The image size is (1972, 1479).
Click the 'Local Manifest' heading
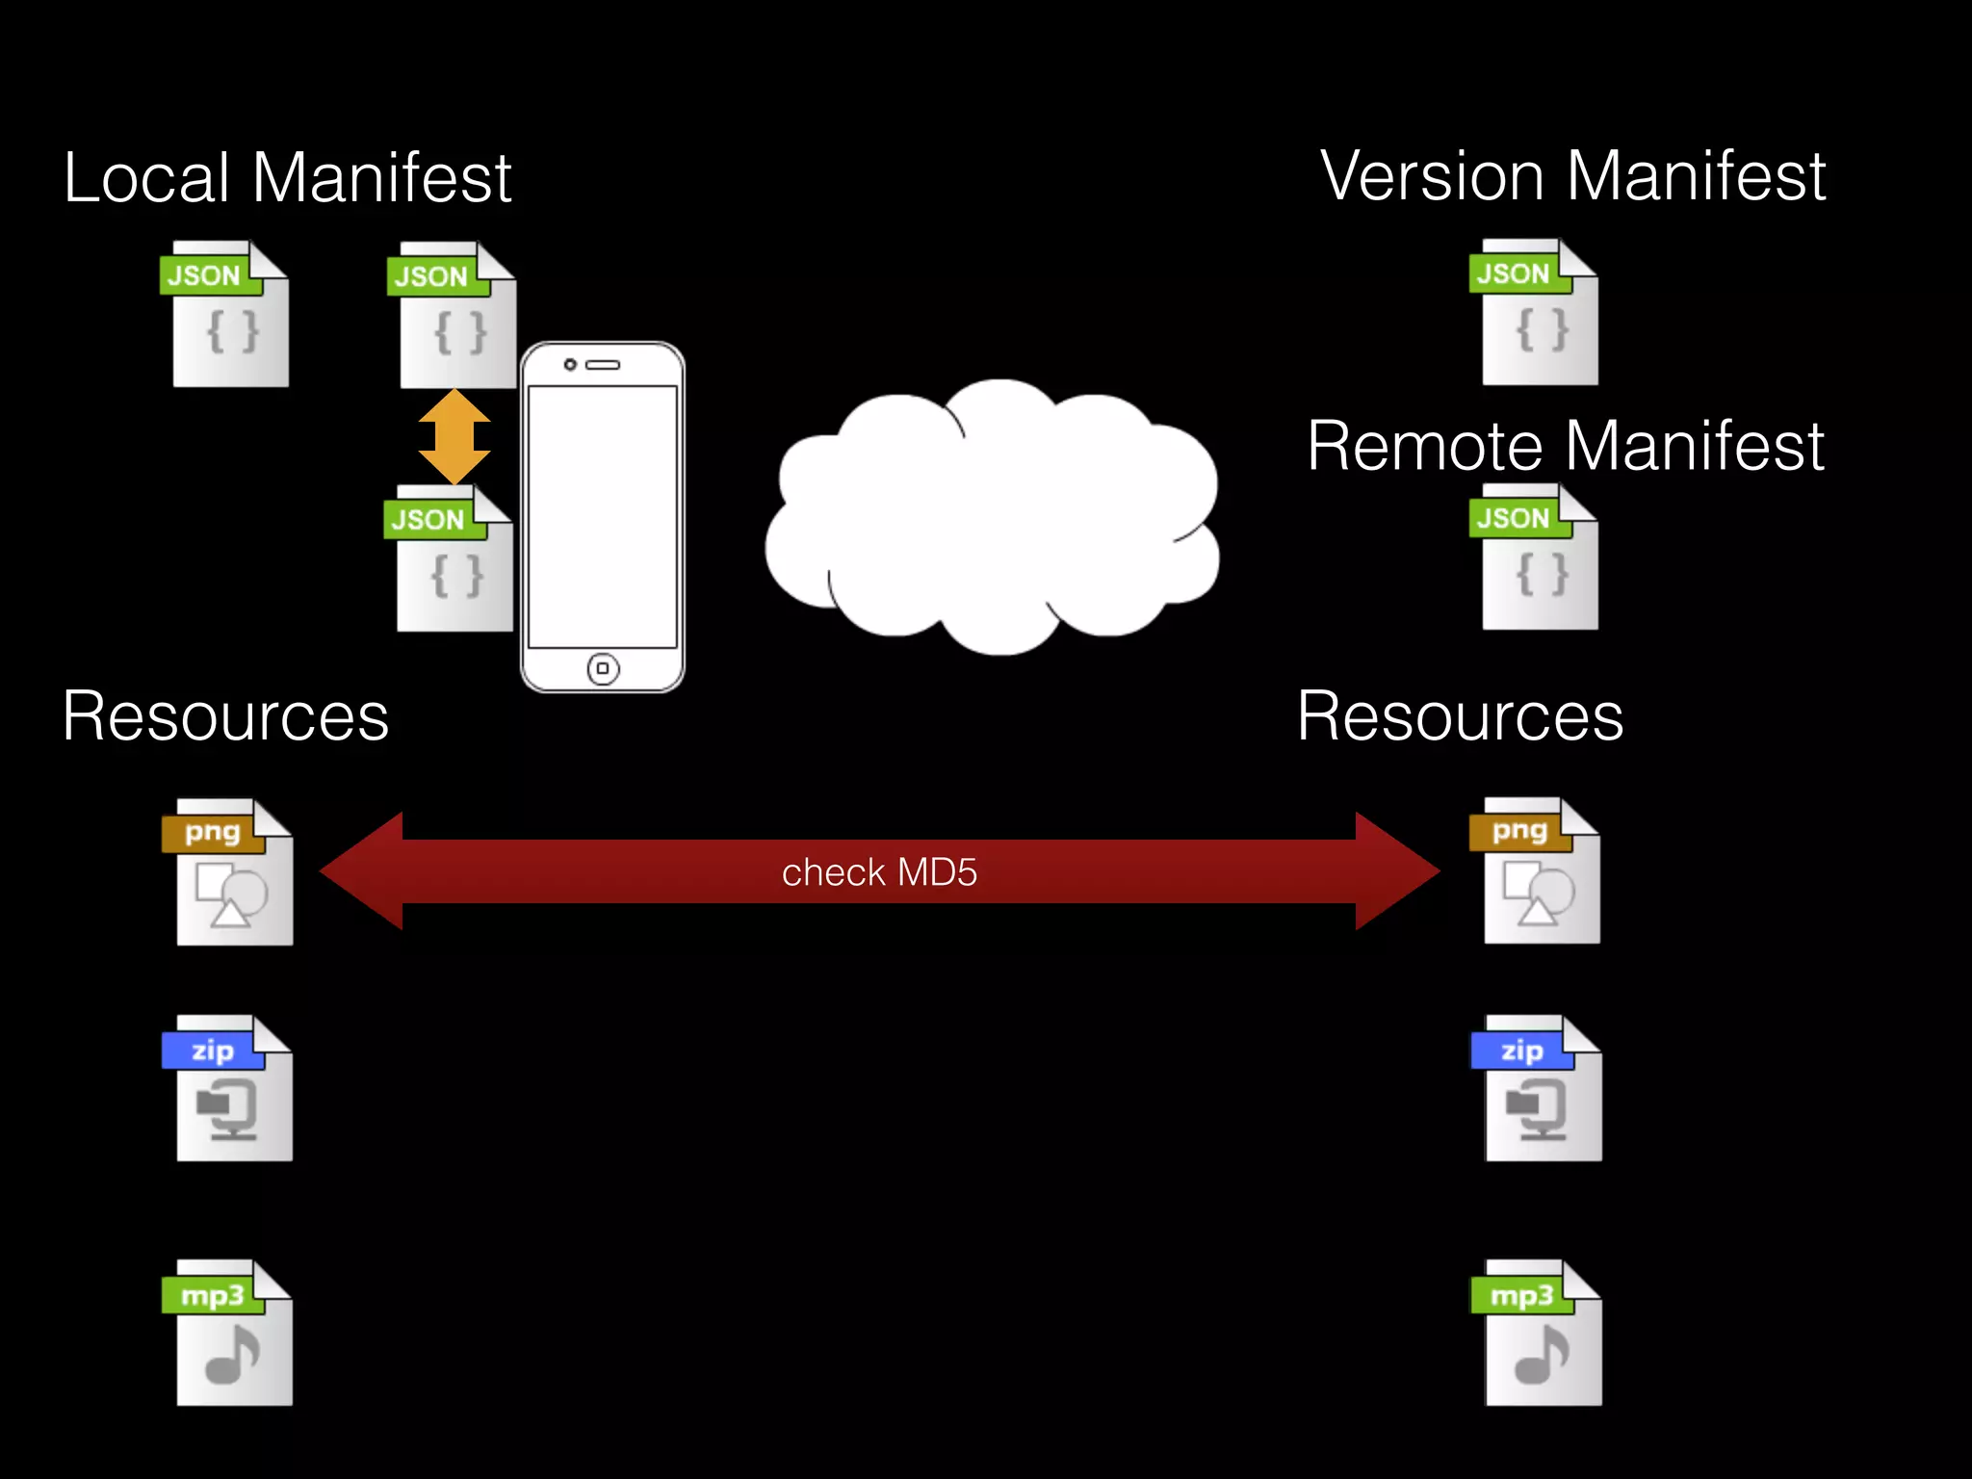[x=287, y=178]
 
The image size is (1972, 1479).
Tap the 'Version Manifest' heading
[x=1572, y=176]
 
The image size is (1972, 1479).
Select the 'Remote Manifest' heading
[x=1565, y=446]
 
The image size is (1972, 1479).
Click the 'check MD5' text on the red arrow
[x=879, y=872]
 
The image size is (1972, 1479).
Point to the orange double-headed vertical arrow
[x=454, y=436]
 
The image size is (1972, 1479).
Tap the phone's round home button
[x=603, y=668]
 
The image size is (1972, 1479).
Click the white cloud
[x=992, y=520]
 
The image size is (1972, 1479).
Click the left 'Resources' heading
[x=225, y=716]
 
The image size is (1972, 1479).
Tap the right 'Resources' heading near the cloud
[x=1460, y=716]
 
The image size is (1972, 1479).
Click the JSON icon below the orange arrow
[x=452, y=559]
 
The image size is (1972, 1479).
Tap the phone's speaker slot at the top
[x=604, y=365]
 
